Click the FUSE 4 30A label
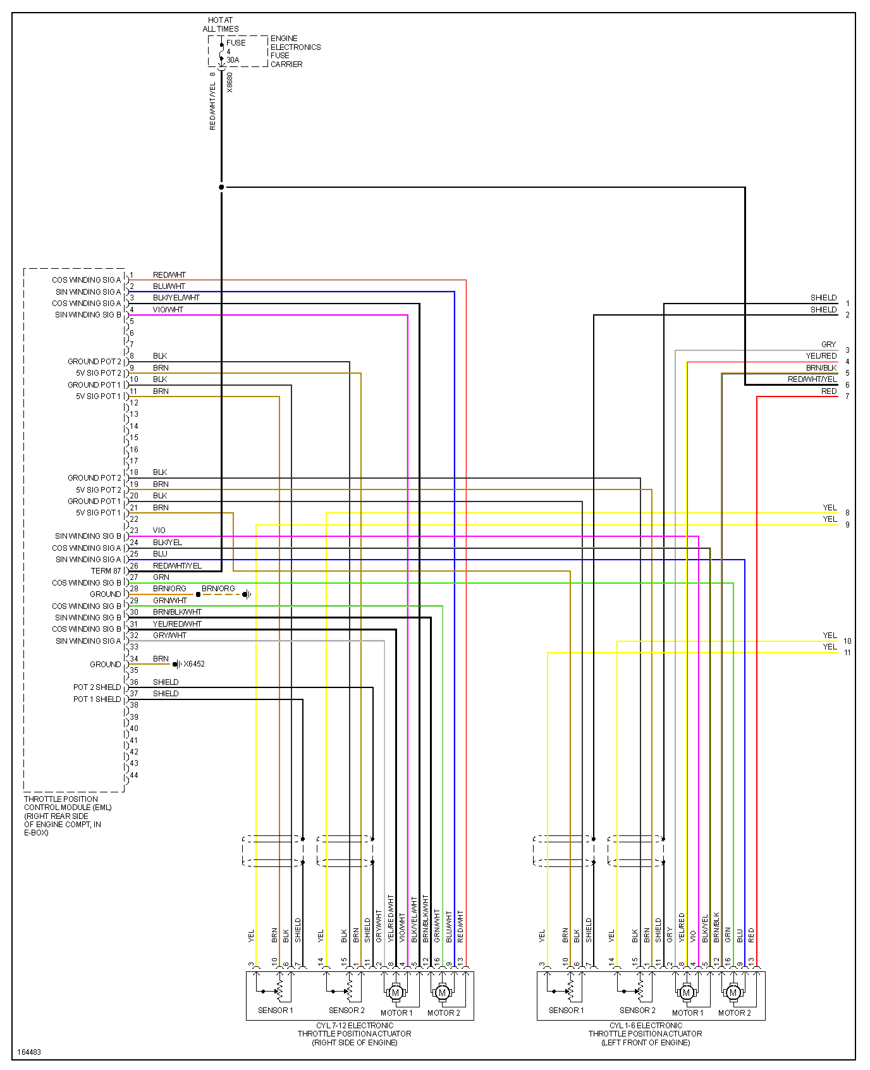tap(235, 51)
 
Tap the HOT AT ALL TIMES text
tap(221, 25)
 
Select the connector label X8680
tap(230, 83)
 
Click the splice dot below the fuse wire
tap(221, 187)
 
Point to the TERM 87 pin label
tap(106, 571)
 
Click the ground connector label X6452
tap(194, 664)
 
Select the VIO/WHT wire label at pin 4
tap(168, 310)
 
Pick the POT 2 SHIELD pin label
tap(97, 687)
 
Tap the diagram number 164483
tap(29, 1052)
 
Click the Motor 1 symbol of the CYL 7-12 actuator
tap(396, 993)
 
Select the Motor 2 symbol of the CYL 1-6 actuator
tap(733, 993)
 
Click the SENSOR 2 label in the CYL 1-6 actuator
tap(637, 1011)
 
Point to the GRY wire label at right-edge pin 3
tap(828, 345)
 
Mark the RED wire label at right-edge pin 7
tap(829, 391)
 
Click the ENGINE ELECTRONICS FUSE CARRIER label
tap(295, 51)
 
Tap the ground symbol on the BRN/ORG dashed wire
tap(247, 594)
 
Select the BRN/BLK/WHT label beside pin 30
tap(177, 612)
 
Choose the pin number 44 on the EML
tap(134, 775)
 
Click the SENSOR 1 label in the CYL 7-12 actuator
tap(276, 1011)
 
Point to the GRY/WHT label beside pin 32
tap(169, 636)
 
